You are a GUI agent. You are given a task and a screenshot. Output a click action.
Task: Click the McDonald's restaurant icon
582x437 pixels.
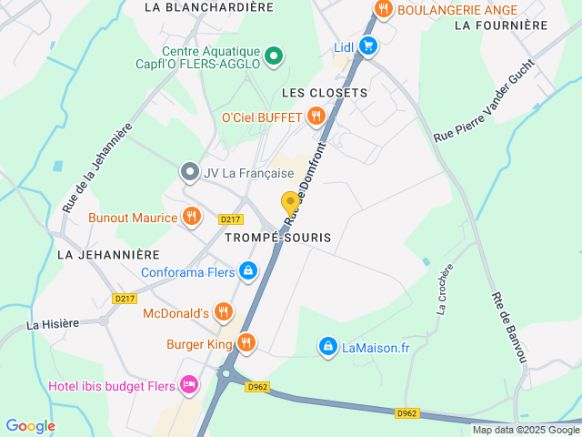pyautogui.click(x=224, y=312)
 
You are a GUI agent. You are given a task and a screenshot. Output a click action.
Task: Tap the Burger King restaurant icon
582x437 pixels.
pyautogui.click(x=246, y=343)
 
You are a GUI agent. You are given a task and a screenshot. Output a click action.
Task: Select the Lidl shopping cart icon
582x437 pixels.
pyautogui.click(x=367, y=46)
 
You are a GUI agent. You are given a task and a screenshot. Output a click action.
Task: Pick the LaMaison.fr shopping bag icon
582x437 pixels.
pyautogui.click(x=327, y=346)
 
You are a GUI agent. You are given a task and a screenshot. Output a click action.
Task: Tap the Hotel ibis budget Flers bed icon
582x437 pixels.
pyautogui.click(x=189, y=385)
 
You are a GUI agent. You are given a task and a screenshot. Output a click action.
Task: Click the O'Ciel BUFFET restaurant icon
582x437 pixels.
pyautogui.click(x=316, y=116)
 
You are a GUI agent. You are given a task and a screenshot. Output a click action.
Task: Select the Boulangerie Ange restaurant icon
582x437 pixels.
pyautogui.click(x=383, y=10)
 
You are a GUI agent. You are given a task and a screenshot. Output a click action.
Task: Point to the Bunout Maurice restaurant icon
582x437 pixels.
pyautogui.click(x=191, y=217)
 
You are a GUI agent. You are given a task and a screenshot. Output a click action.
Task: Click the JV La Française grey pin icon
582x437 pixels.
pyautogui.click(x=189, y=171)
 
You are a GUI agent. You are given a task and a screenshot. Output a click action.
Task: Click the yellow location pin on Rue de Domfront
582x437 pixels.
pyautogui.click(x=290, y=202)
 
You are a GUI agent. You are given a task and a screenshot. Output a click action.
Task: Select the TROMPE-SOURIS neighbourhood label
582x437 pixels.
pyautogui.click(x=277, y=237)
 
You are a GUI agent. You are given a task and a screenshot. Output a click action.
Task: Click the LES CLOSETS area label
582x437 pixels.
pyautogui.click(x=324, y=93)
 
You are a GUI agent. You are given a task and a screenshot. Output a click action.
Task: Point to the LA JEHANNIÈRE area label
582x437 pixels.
pyautogui.click(x=108, y=255)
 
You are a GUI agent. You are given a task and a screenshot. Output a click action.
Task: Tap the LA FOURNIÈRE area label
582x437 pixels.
pyautogui.click(x=500, y=25)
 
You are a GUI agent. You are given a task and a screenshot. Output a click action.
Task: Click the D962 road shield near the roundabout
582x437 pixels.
pyautogui.click(x=257, y=386)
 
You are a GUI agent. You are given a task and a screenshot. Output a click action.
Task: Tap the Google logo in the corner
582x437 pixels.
pyautogui.click(x=30, y=425)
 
